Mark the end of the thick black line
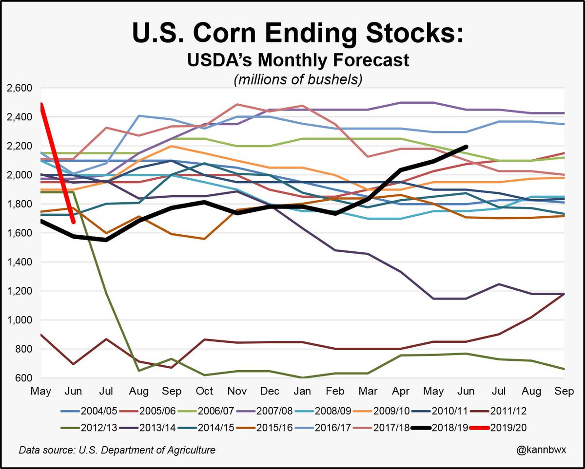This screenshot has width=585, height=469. (467, 147)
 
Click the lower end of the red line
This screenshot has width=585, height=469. (73, 222)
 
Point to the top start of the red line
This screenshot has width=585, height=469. (41, 104)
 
